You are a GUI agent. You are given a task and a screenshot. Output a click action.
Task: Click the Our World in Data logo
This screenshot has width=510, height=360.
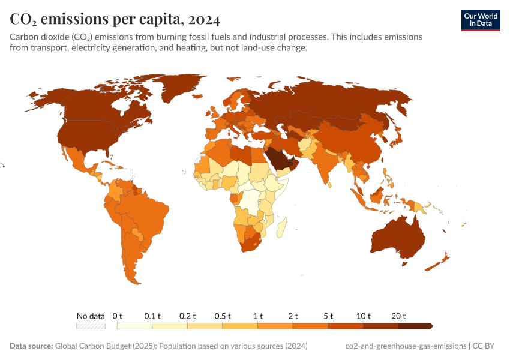click(x=480, y=20)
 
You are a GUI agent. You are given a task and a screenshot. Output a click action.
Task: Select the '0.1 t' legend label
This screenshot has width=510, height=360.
click(x=152, y=316)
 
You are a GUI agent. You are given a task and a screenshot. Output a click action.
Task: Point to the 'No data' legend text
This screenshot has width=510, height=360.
click(x=91, y=316)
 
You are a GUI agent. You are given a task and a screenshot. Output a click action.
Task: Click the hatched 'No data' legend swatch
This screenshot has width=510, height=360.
click(x=91, y=326)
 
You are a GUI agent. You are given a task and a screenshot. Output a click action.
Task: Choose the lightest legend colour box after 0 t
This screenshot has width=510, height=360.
click(x=134, y=326)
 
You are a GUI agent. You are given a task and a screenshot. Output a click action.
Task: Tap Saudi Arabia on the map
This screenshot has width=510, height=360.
click(x=279, y=158)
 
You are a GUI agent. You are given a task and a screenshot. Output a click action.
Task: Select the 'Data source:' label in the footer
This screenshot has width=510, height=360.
click(x=31, y=346)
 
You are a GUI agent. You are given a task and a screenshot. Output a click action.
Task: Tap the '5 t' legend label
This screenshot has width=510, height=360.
click(x=329, y=316)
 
